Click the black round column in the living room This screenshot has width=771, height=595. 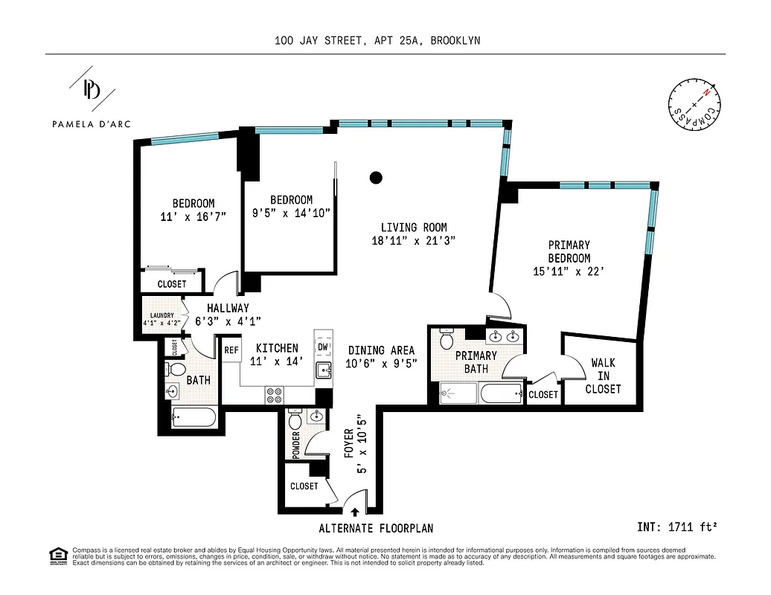coord(377,178)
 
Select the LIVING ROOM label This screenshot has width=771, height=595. coord(413,228)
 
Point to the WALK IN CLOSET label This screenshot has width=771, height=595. coord(603,376)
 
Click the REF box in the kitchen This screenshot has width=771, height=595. coord(231,350)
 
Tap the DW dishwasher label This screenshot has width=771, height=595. coord(323,347)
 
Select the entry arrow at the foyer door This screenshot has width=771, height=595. coord(354,511)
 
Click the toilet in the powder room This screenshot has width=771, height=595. coord(294,422)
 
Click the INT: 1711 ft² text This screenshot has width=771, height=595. coord(677,527)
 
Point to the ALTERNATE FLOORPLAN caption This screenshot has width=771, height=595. coord(376,529)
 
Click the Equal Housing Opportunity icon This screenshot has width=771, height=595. coord(57,555)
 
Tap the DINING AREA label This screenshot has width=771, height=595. coord(380,350)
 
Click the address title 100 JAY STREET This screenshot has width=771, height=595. coord(377,41)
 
